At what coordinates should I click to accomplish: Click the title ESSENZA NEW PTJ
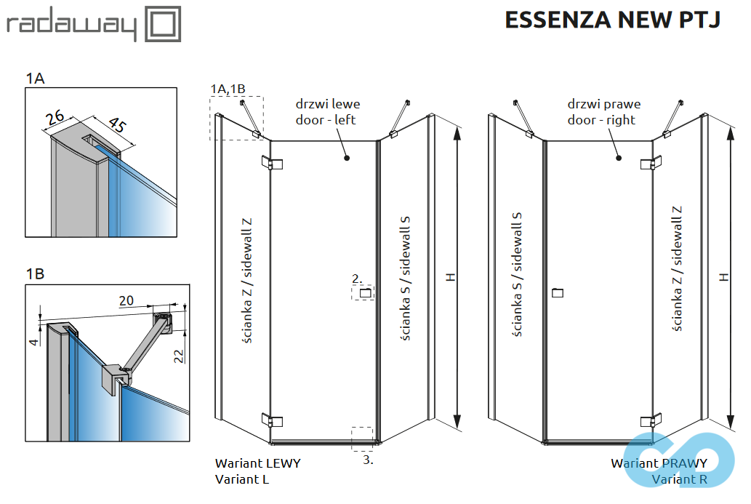612,20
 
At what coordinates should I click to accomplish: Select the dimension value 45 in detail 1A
115,126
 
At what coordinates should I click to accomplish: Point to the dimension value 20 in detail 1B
126,300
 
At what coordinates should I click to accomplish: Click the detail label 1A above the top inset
35,79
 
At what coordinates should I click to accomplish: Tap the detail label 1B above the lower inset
35,274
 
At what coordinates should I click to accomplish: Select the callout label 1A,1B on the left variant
228,89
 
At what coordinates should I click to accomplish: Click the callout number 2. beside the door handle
357,278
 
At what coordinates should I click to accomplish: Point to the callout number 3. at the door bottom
368,460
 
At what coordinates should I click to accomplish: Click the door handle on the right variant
558,293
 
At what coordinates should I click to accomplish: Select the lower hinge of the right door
651,420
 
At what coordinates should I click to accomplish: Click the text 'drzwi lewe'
328,105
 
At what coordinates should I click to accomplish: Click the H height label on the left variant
450,277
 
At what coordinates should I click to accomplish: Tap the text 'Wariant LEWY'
257,463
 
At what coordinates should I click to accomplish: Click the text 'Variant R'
680,479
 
